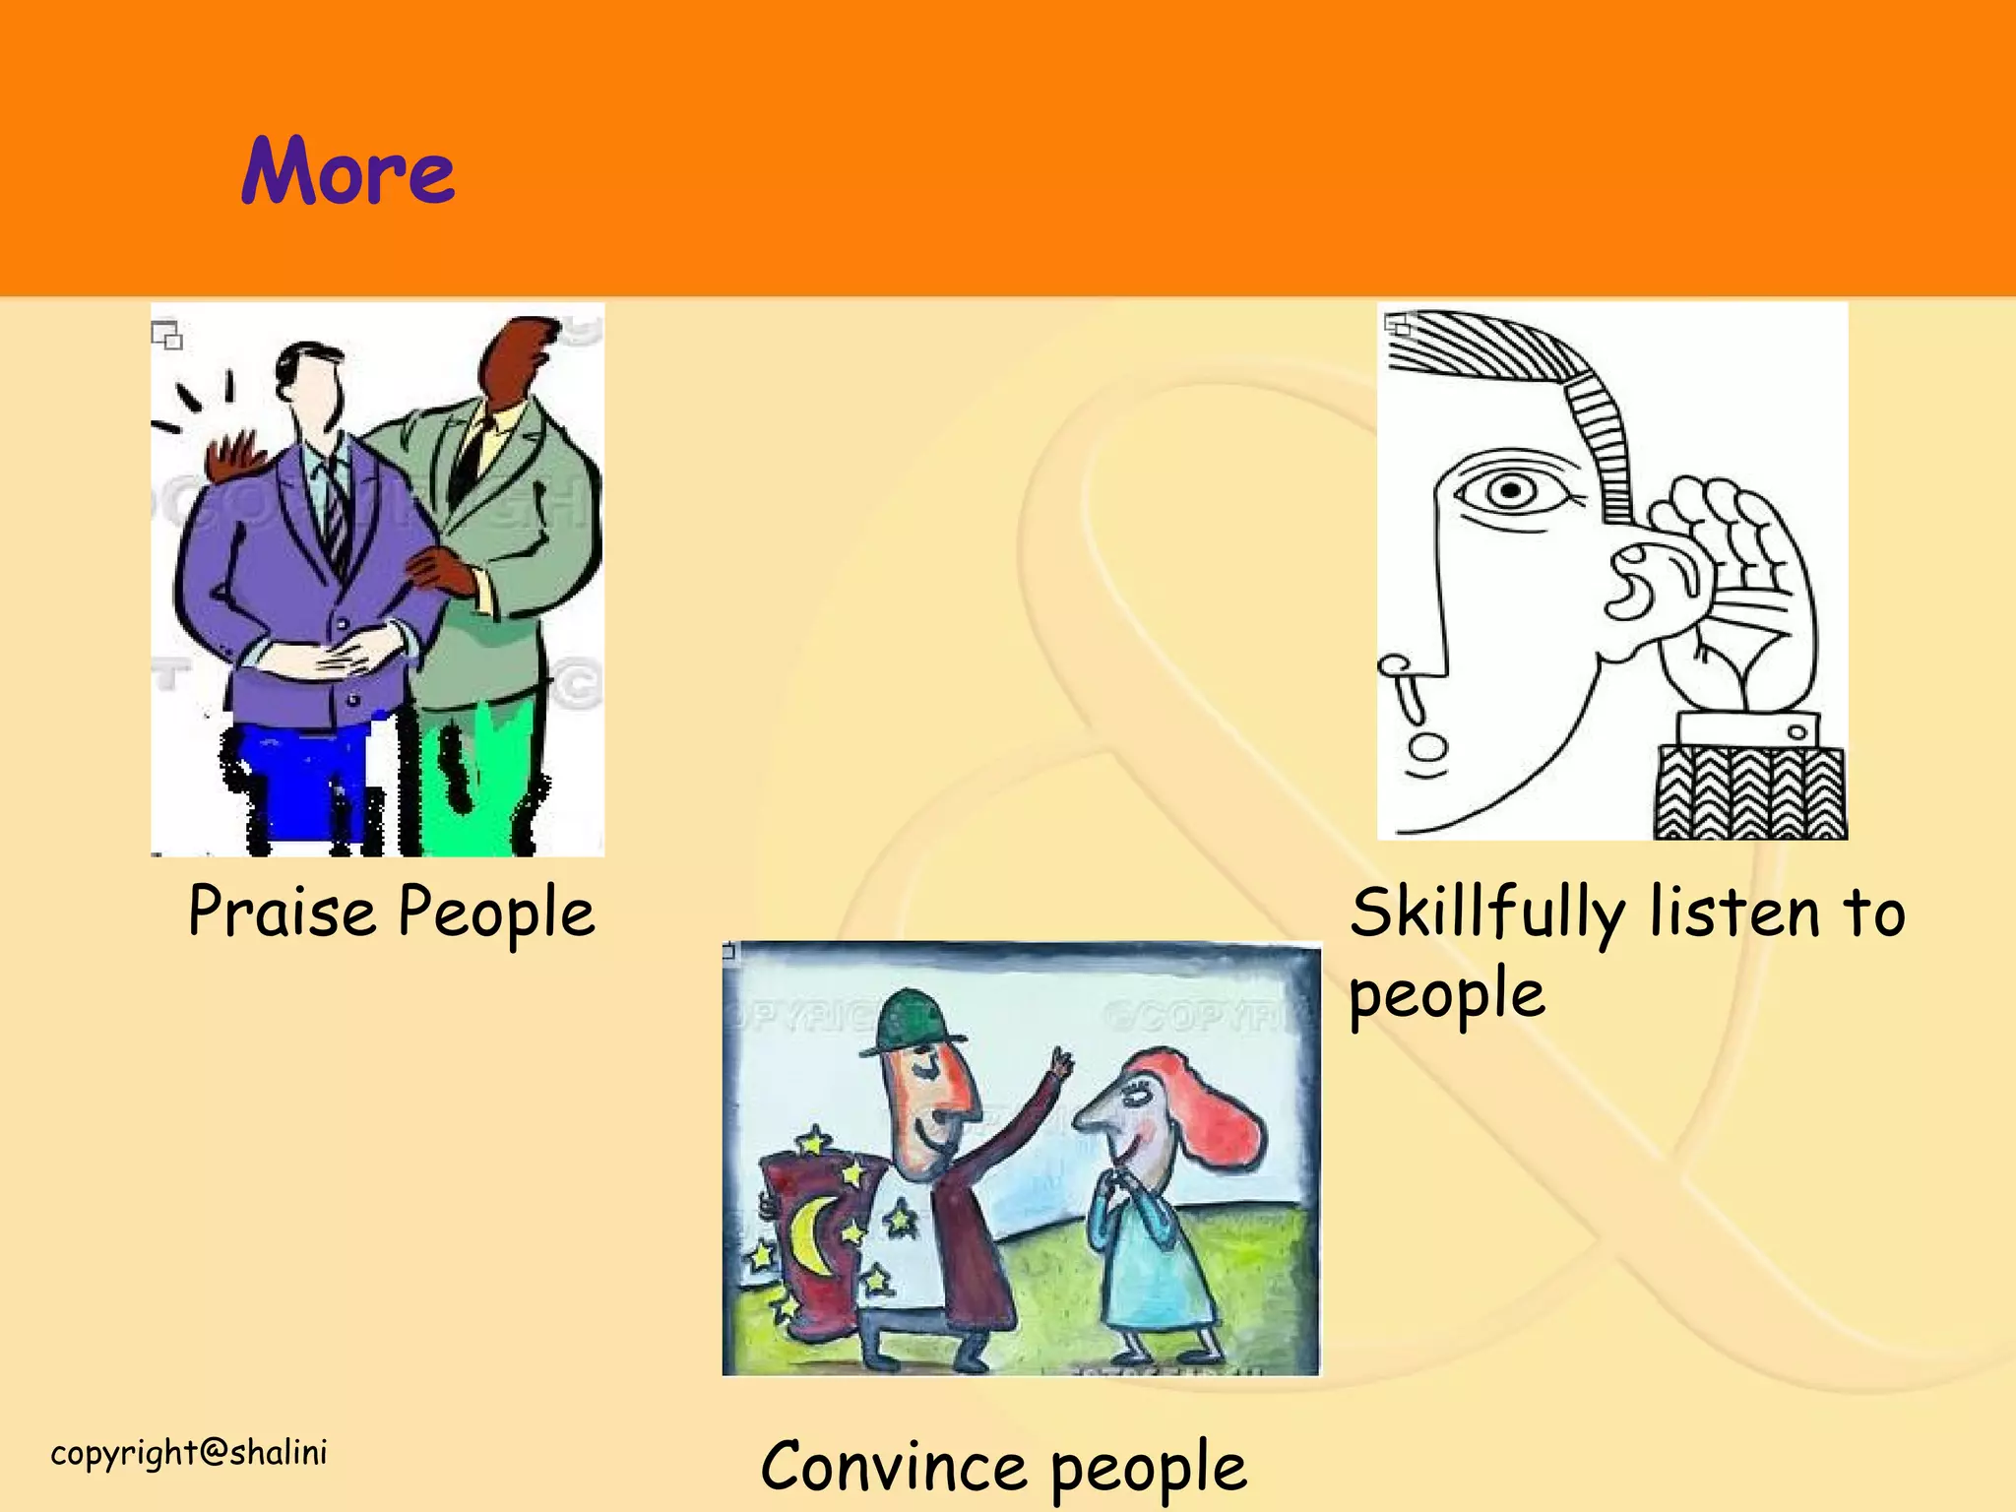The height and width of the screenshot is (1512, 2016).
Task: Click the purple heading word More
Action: [x=347, y=172]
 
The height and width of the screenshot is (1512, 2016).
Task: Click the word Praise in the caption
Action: [x=282, y=912]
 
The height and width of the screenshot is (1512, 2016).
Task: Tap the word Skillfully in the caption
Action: [x=1487, y=913]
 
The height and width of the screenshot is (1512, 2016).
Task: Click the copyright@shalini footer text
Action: [x=189, y=1453]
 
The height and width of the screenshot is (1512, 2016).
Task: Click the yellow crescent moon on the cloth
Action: [x=812, y=1235]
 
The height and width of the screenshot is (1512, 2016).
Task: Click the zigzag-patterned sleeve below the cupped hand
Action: [x=1749, y=793]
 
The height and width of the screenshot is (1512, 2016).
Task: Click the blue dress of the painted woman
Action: [x=1157, y=1270]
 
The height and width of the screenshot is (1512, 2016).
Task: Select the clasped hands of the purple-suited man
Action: [x=335, y=655]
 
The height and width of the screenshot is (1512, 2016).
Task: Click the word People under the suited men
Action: [x=496, y=912]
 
